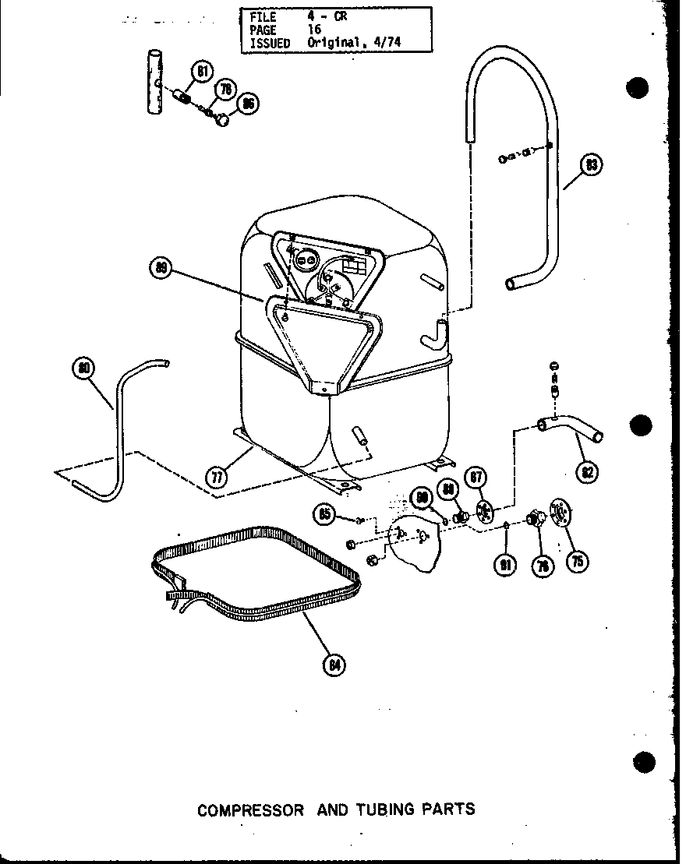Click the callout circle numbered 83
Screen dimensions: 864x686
pos(592,165)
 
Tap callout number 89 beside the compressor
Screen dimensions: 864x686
pos(161,268)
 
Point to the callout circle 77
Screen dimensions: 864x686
pos(218,476)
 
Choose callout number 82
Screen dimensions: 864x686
pos(589,472)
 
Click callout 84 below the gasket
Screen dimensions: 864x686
pos(334,665)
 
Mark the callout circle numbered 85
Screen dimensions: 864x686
pos(325,513)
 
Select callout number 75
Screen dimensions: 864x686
pos(578,560)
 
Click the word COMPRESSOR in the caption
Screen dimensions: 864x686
pos(250,809)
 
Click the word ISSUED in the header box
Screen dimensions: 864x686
pos(269,44)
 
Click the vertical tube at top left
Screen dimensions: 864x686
pos(154,82)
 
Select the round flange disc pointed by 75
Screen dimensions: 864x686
pos(558,513)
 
